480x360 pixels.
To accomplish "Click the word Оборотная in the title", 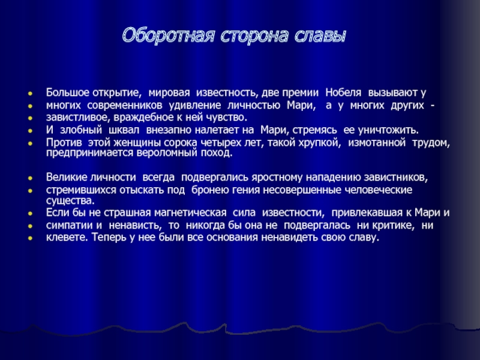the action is click(x=168, y=35).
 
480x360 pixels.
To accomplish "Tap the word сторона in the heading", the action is click(x=254, y=35).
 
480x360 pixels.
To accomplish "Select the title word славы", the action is click(x=320, y=36).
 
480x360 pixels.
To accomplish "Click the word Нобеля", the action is click(x=343, y=92).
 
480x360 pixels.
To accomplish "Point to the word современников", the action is click(x=125, y=106).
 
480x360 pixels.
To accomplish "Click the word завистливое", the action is click(x=79, y=117).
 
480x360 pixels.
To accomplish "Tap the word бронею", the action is click(x=211, y=190).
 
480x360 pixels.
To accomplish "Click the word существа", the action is click(x=70, y=201).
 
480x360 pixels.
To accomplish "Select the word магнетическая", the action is click(x=190, y=212).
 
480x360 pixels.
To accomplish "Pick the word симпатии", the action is click(x=70, y=226).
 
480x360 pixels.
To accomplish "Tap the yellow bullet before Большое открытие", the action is click(x=30, y=93).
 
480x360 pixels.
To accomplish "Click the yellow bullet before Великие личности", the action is click(x=30, y=178).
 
